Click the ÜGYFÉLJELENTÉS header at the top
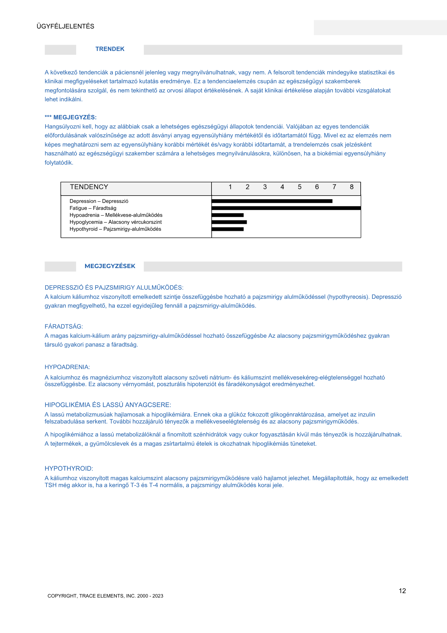point(65,27)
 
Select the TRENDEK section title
point(110,49)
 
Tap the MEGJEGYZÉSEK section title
point(110,266)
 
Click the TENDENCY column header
point(89,187)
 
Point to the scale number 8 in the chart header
point(352,187)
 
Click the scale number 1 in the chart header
point(230,187)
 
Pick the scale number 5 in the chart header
point(299,187)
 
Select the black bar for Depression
point(272,201)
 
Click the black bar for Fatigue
point(286,208)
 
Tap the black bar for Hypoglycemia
point(229,222)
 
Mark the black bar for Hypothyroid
point(228,229)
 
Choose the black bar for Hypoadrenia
point(228,215)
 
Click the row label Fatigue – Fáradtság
point(93,208)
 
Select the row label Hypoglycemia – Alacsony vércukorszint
point(116,222)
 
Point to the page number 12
point(402,591)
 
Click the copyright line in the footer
point(105,596)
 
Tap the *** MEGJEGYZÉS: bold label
point(70,117)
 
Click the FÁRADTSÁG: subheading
point(64,326)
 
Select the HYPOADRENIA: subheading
point(67,367)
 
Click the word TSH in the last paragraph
point(50,485)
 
